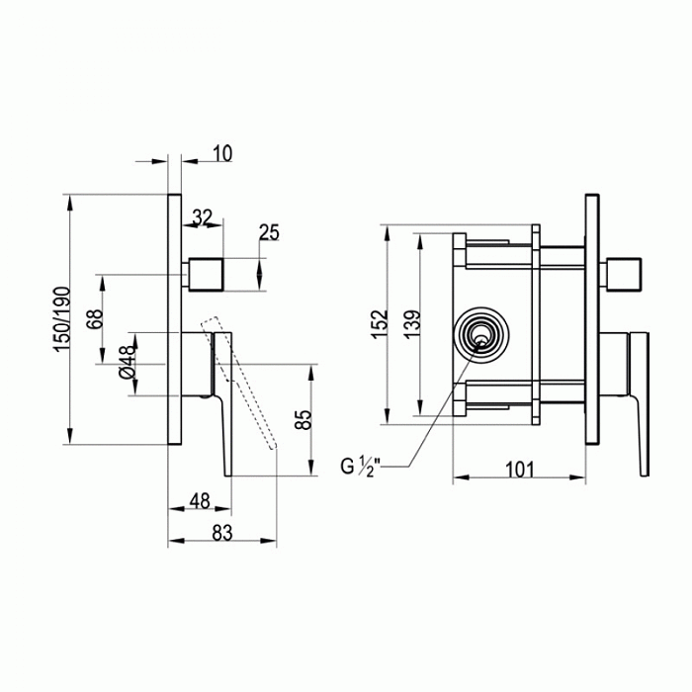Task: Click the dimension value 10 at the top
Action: click(x=221, y=153)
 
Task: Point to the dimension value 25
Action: click(x=269, y=232)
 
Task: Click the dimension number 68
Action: click(x=95, y=322)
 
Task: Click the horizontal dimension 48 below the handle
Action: click(x=198, y=502)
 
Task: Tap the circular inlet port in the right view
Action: click(x=481, y=336)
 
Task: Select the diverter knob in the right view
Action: click(x=624, y=273)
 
